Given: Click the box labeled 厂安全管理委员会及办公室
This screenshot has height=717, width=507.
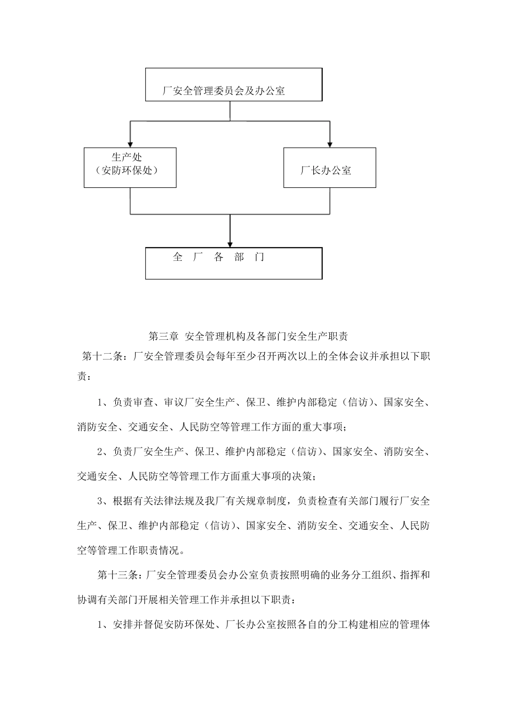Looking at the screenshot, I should tap(234, 84).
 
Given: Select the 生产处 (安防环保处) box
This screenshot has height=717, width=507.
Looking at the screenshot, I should tap(130, 168).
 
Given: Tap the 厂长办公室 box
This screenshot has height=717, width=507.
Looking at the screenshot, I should tap(329, 168).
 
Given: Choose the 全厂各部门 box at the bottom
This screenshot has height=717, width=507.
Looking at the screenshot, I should tap(234, 263).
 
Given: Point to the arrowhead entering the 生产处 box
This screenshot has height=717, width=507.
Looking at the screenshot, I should tap(130, 144).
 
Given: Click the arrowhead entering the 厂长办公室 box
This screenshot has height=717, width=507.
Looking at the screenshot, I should tap(330, 144).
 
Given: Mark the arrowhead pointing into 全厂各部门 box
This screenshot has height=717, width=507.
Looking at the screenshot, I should tap(230, 243).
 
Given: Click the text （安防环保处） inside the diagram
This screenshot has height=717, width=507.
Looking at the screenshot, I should tap(130, 171).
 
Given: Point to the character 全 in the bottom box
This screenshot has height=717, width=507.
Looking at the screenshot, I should tap(178, 257).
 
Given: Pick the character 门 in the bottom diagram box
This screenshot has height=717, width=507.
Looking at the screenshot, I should tap(260, 257).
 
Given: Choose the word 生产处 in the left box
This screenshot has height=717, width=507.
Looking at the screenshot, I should tap(127, 157).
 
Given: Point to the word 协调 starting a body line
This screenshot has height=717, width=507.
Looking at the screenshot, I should tap(87, 599).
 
